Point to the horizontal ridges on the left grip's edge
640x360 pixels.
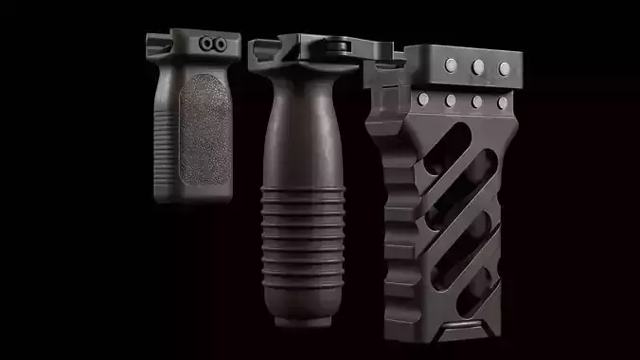(160, 143)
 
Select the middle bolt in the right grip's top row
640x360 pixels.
(478, 66)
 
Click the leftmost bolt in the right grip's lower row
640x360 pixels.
(421, 99)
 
